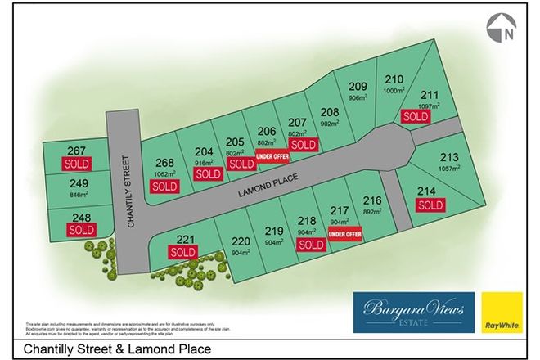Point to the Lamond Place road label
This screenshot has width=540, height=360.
[x=267, y=185]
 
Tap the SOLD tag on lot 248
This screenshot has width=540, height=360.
[x=82, y=230]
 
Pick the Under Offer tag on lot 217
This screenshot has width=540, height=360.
[x=344, y=235]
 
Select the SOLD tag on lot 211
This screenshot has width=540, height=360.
[x=416, y=116]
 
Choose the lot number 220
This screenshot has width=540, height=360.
[x=241, y=241]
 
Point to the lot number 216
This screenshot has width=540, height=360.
[x=373, y=200]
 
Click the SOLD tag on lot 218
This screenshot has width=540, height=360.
[x=310, y=245]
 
